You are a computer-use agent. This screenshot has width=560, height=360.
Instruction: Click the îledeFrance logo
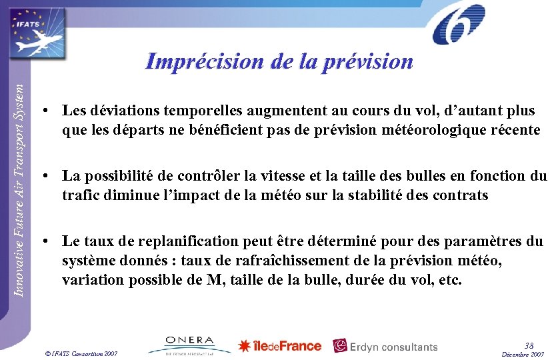point(280,346)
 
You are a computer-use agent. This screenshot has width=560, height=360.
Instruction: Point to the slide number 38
point(529,345)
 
